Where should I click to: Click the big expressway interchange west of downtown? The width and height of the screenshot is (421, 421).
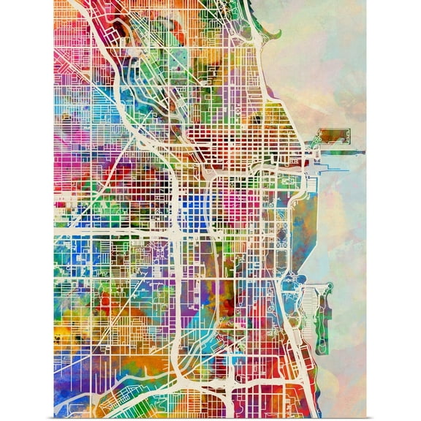[175, 232]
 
